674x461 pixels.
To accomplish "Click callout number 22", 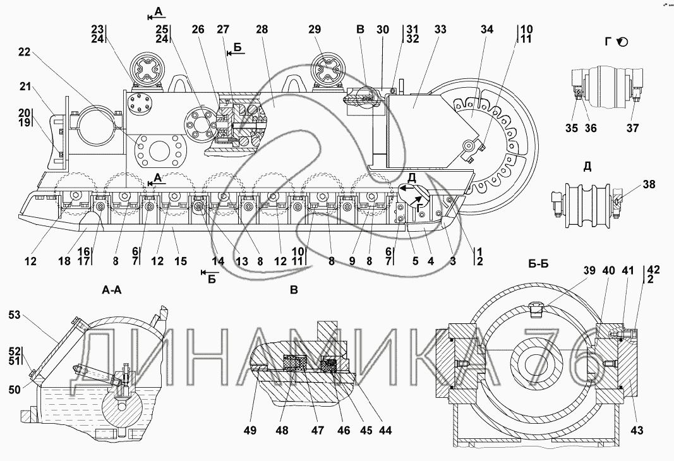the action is (x=25, y=52).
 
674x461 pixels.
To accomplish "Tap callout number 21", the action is (x=25, y=87).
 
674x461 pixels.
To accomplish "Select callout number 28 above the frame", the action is (x=262, y=30).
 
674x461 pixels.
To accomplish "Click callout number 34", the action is (x=487, y=30).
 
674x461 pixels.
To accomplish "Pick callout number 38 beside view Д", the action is (x=649, y=184).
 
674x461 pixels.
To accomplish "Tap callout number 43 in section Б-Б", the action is (x=637, y=430).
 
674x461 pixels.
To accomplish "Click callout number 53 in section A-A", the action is (x=14, y=315).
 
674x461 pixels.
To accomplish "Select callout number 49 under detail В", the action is (x=250, y=430).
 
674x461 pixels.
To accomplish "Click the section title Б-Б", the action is (x=539, y=264).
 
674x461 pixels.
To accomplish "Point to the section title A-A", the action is (x=112, y=290).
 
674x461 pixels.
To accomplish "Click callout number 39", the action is (x=589, y=270).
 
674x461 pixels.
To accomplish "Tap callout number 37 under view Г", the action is (x=632, y=128).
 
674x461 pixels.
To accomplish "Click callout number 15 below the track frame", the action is (x=181, y=261).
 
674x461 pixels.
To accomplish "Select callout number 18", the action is (x=64, y=261).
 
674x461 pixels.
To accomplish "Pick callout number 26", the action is (x=198, y=30).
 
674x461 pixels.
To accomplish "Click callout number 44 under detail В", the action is (x=385, y=430).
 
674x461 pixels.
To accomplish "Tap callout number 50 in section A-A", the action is (x=14, y=390).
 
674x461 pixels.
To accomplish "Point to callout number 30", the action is (x=382, y=30).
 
